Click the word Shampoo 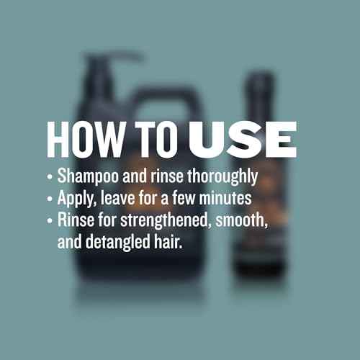(86, 177)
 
